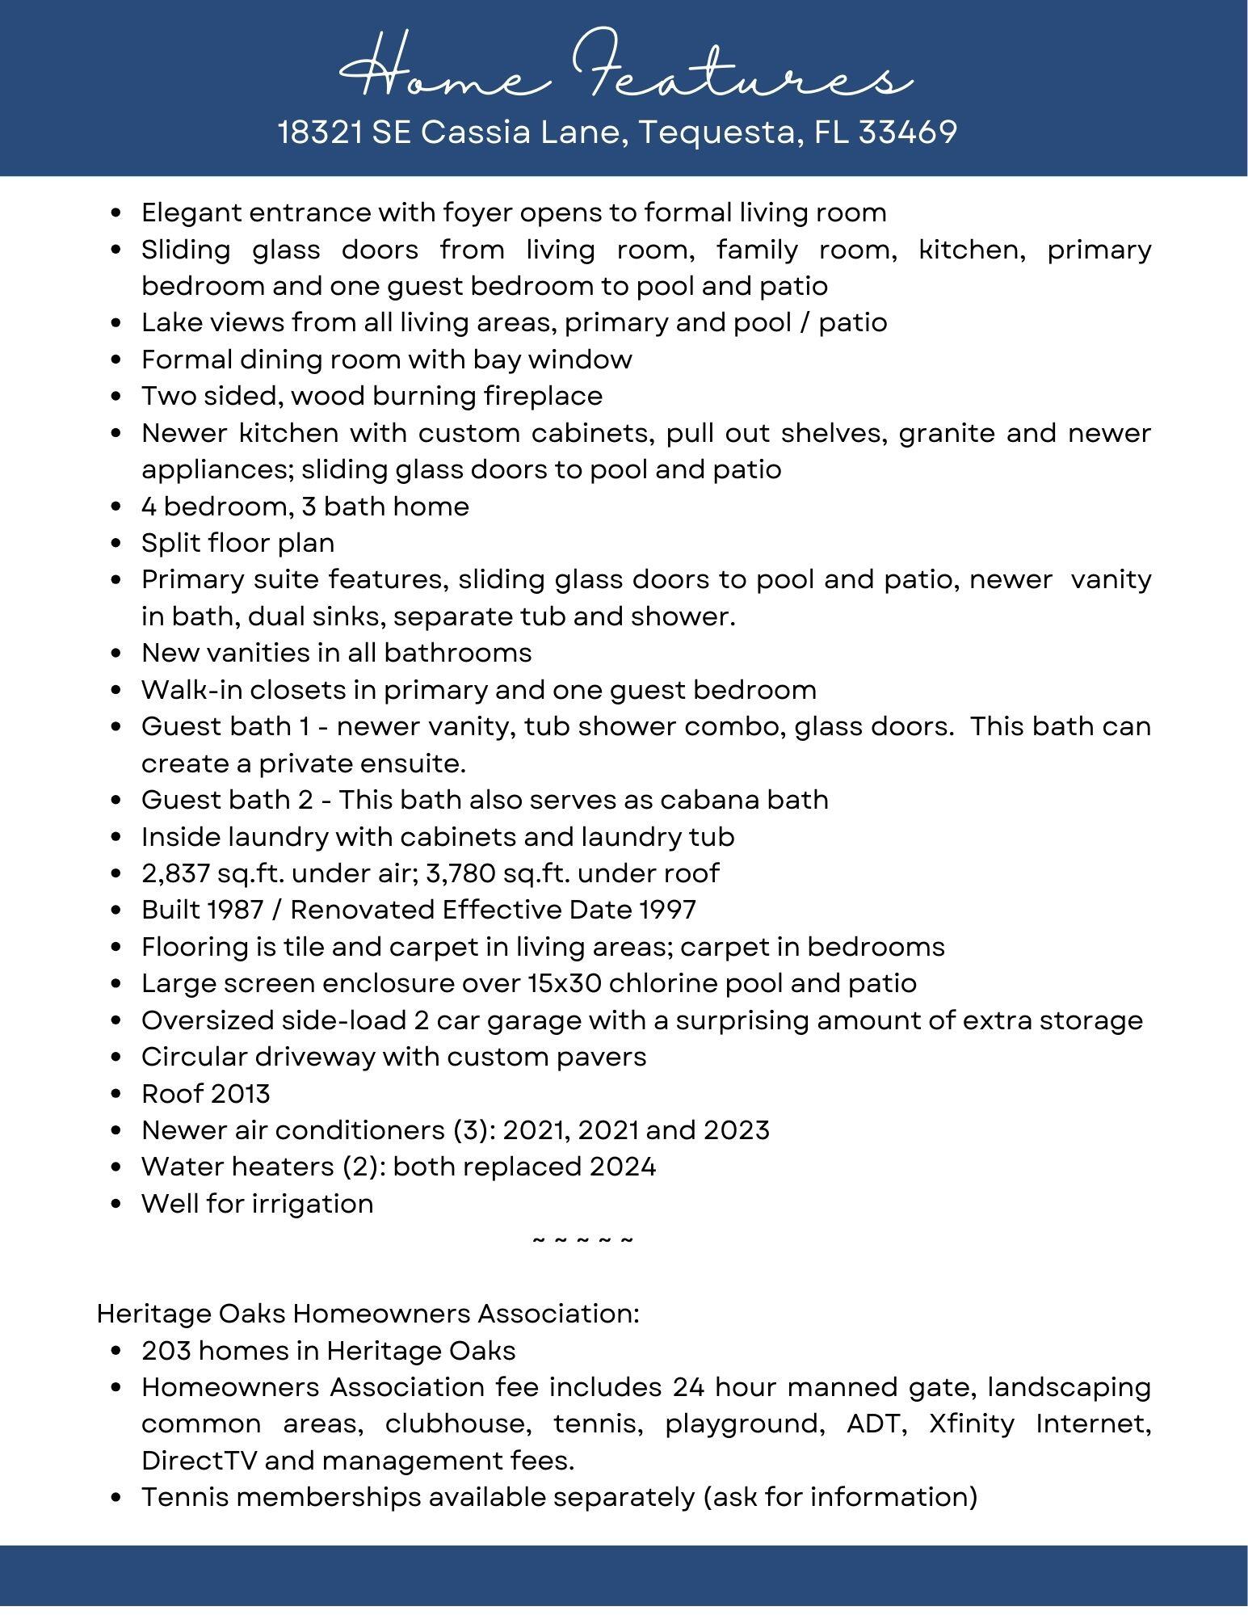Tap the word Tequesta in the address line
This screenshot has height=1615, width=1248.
click(716, 132)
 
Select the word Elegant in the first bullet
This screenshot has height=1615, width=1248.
click(191, 212)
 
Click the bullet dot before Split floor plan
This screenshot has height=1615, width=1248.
click(118, 544)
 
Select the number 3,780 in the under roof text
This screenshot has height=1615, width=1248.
click(456, 873)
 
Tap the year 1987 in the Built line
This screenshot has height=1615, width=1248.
click(235, 910)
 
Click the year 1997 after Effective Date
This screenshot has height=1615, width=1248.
click(667, 910)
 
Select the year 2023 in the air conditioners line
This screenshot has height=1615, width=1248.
click(736, 1130)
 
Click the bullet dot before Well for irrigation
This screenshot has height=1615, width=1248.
click(118, 1205)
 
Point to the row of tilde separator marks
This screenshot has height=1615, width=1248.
click(583, 1240)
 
